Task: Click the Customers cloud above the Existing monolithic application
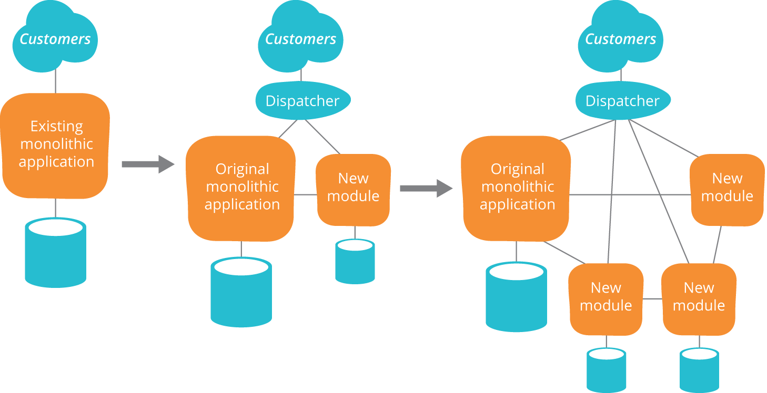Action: pyautogui.click(x=55, y=37)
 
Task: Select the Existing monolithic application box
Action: pyautogui.click(x=56, y=145)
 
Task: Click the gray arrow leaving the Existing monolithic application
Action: pyautogui.click(x=148, y=164)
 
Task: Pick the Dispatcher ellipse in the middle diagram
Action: pyautogui.click(x=302, y=100)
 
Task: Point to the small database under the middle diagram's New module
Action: pyautogui.click(x=355, y=261)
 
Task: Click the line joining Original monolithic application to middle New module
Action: pyautogui.click(x=306, y=195)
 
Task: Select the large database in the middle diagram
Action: pyautogui.click(x=241, y=292)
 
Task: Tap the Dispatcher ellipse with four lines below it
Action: pyautogui.click(x=622, y=100)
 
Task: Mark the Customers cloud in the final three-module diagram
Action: pyautogui.click(x=620, y=37)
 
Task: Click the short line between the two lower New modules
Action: pyautogui.click(x=652, y=299)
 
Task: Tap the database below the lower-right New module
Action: pyautogui.click(x=699, y=370)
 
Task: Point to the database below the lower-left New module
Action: pyautogui.click(x=607, y=370)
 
